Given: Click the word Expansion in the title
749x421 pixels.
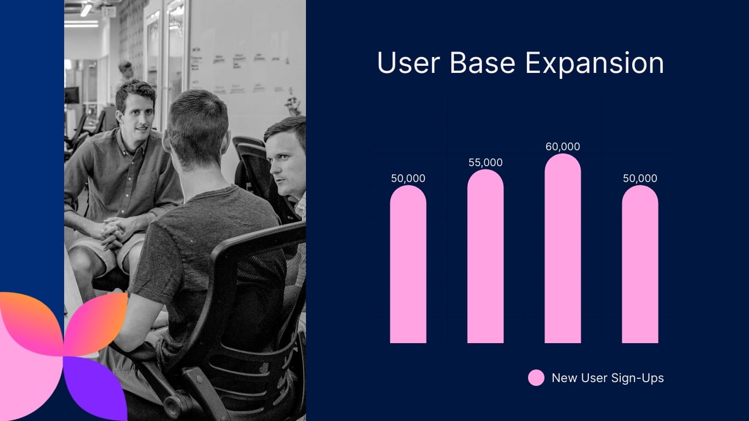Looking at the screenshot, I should point(594,64).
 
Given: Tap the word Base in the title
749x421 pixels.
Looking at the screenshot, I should point(482,63).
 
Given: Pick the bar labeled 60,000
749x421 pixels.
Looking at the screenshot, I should point(563,249).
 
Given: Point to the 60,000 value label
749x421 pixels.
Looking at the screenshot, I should point(563,147).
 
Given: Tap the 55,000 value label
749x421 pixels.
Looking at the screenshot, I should point(485,163).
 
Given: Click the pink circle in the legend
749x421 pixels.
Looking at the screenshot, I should point(536,378).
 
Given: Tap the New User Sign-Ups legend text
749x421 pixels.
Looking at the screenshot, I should point(608,378).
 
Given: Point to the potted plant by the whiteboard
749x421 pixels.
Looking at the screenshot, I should point(293,105).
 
